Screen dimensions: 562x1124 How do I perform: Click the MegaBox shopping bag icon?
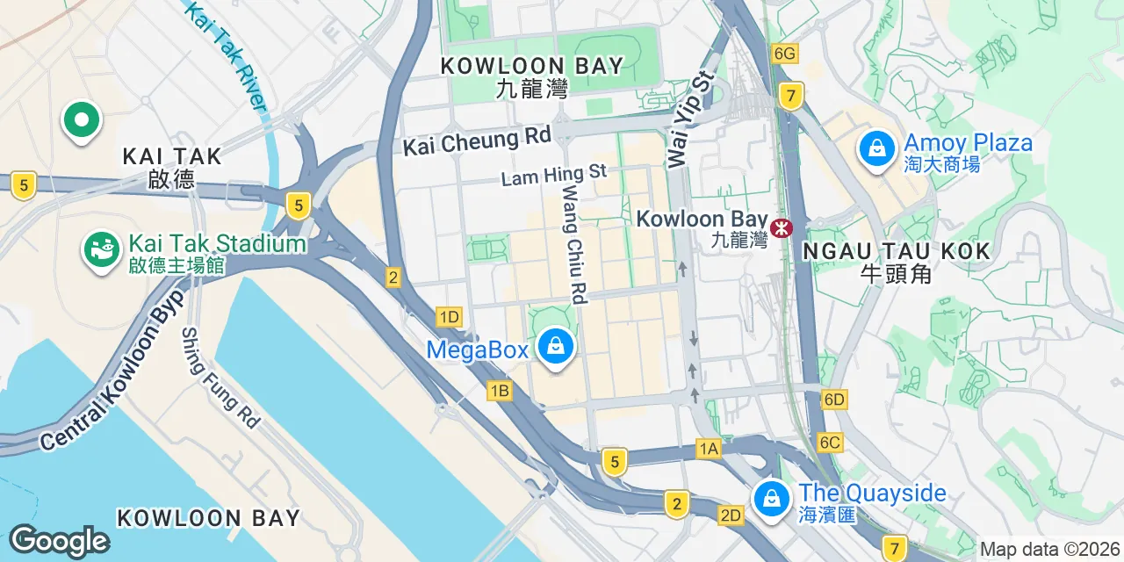click(x=555, y=346)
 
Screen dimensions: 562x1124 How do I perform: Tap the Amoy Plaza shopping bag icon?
click(x=876, y=148)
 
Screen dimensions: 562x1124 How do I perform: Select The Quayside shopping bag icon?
click(x=771, y=499)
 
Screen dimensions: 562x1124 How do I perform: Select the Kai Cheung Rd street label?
click(x=477, y=140)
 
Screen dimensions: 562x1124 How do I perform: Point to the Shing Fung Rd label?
click(x=220, y=378)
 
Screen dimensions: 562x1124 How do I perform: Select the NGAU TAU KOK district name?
click(x=896, y=252)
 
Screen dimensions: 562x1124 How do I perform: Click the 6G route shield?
click(x=784, y=54)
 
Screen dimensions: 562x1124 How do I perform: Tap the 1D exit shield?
click(x=449, y=317)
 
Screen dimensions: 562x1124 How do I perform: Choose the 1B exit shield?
click(x=500, y=392)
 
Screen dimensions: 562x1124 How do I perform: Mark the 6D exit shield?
click(x=834, y=400)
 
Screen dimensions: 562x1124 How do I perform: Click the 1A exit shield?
click(x=709, y=450)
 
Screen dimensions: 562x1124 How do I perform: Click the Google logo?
click(x=59, y=541)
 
